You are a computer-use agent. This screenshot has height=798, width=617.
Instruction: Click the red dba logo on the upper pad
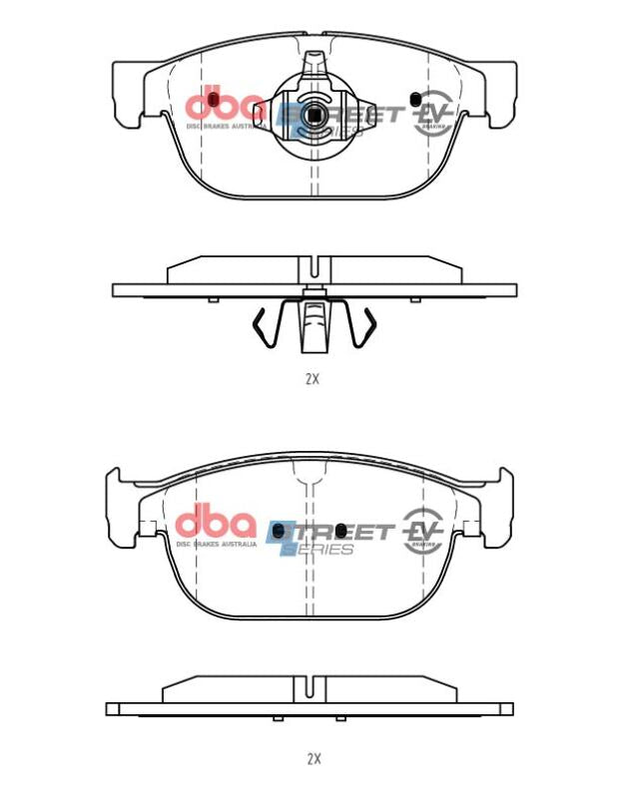point(225,103)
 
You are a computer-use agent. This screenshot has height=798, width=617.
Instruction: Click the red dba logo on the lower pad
point(216,523)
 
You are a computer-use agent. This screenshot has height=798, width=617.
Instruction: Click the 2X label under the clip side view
point(311,379)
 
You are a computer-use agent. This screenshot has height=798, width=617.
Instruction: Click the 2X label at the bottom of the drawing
point(313,758)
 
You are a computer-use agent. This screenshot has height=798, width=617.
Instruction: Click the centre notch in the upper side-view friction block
point(313,267)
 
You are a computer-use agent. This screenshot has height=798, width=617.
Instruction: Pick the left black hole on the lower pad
point(280,529)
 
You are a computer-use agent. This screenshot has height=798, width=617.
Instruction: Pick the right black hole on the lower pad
point(342,529)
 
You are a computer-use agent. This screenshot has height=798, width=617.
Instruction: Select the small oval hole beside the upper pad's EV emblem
point(414,99)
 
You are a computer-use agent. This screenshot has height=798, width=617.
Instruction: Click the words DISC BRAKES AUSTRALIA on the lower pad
point(216,545)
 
